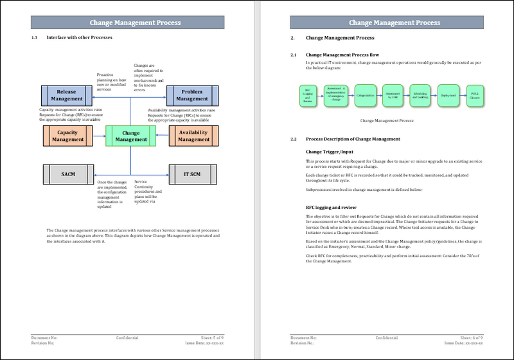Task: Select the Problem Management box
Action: (x=191, y=95)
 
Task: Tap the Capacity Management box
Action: (x=68, y=136)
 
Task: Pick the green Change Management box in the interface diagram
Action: (x=130, y=136)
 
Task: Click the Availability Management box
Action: (x=193, y=136)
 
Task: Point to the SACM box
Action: (x=68, y=174)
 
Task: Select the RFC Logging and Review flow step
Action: (x=308, y=96)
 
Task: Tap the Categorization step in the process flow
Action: (x=364, y=96)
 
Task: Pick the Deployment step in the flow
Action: (x=448, y=96)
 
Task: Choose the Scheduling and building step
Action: (x=420, y=96)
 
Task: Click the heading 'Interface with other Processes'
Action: (x=80, y=37)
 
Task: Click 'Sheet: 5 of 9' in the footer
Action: (x=210, y=337)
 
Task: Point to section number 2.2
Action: (x=294, y=139)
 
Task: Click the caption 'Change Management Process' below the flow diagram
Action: (x=387, y=120)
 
